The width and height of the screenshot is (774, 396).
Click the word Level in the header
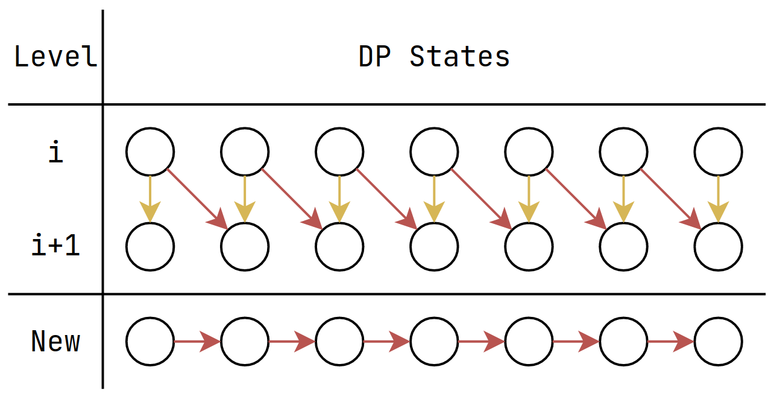pyautogui.click(x=55, y=57)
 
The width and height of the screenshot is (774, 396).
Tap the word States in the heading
pyautogui.click(x=459, y=57)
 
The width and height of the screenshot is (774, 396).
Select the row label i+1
pyautogui.click(x=55, y=247)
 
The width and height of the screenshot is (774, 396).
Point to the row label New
pyautogui.click(x=55, y=342)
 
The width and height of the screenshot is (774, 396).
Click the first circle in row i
pyautogui.click(x=150, y=152)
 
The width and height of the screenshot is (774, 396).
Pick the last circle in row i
pyautogui.click(x=718, y=152)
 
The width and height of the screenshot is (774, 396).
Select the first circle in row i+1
pyautogui.click(x=150, y=247)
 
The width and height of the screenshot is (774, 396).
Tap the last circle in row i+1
pyautogui.click(x=718, y=247)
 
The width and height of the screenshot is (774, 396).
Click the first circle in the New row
pyautogui.click(x=150, y=342)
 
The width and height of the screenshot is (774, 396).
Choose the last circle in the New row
pyautogui.click(x=718, y=342)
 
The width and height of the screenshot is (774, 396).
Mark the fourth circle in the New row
pyautogui.click(x=434, y=342)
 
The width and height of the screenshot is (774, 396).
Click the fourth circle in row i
pyautogui.click(x=434, y=152)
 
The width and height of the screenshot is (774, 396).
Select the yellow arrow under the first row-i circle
pyautogui.click(x=150, y=199)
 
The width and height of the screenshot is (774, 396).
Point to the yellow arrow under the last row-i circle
pyautogui.click(x=718, y=199)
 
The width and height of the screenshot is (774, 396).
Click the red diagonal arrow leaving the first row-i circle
pyautogui.click(x=196, y=199)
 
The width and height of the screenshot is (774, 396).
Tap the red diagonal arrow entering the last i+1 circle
pyautogui.click(x=669, y=199)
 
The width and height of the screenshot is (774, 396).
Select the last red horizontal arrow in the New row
pyautogui.click(x=670, y=342)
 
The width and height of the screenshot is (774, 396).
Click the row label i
pyautogui.click(x=55, y=153)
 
